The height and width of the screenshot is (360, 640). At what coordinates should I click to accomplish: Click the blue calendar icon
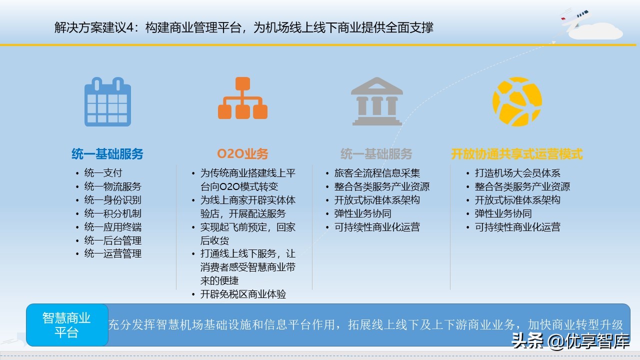(x=107, y=101)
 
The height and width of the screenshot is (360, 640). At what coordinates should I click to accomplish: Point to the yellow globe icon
(x=517, y=101)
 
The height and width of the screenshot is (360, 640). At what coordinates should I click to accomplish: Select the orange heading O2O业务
(x=242, y=153)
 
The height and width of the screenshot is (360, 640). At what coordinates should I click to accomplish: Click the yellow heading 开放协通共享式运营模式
(x=517, y=153)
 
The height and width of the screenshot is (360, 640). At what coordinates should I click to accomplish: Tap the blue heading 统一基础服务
(x=107, y=153)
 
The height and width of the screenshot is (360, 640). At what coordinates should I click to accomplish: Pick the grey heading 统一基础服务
(x=376, y=153)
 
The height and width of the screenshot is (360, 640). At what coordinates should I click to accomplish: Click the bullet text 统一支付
(x=103, y=173)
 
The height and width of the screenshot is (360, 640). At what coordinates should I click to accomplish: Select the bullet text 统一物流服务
(x=112, y=186)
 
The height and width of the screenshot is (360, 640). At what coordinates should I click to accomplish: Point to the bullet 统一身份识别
(x=112, y=200)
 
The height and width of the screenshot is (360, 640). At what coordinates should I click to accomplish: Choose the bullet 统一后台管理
(x=112, y=240)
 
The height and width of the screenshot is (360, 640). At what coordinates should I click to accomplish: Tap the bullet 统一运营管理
(x=112, y=254)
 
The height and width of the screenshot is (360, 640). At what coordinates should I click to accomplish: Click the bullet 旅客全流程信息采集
(x=377, y=173)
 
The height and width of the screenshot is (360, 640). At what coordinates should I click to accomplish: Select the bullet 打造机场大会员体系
(x=517, y=173)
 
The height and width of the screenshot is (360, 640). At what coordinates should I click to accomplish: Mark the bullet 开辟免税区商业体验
(x=243, y=294)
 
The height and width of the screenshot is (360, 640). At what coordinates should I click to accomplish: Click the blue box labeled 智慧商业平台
(x=67, y=325)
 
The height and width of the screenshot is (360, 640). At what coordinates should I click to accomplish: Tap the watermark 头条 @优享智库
(x=570, y=341)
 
